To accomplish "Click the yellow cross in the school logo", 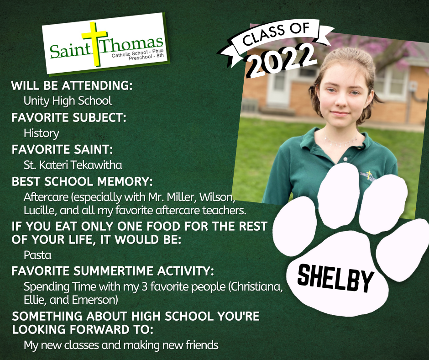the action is (x=94, y=44).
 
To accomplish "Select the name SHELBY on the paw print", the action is (x=335, y=278).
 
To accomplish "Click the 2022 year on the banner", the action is (x=282, y=60).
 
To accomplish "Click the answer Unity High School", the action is (x=68, y=101).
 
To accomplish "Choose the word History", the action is (x=42, y=133).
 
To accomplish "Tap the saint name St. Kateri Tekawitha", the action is (x=73, y=165).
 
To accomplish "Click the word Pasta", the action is (x=37, y=255).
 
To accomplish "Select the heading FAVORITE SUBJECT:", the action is (x=69, y=117).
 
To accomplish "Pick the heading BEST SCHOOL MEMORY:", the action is (x=82, y=181).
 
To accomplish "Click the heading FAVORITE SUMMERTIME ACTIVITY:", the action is (x=112, y=271).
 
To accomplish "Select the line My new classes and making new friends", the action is (x=121, y=345).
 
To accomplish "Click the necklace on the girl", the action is (x=340, y=141).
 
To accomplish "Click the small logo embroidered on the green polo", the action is (x=367, y=175).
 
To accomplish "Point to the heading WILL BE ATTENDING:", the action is (x=72, y=85).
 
